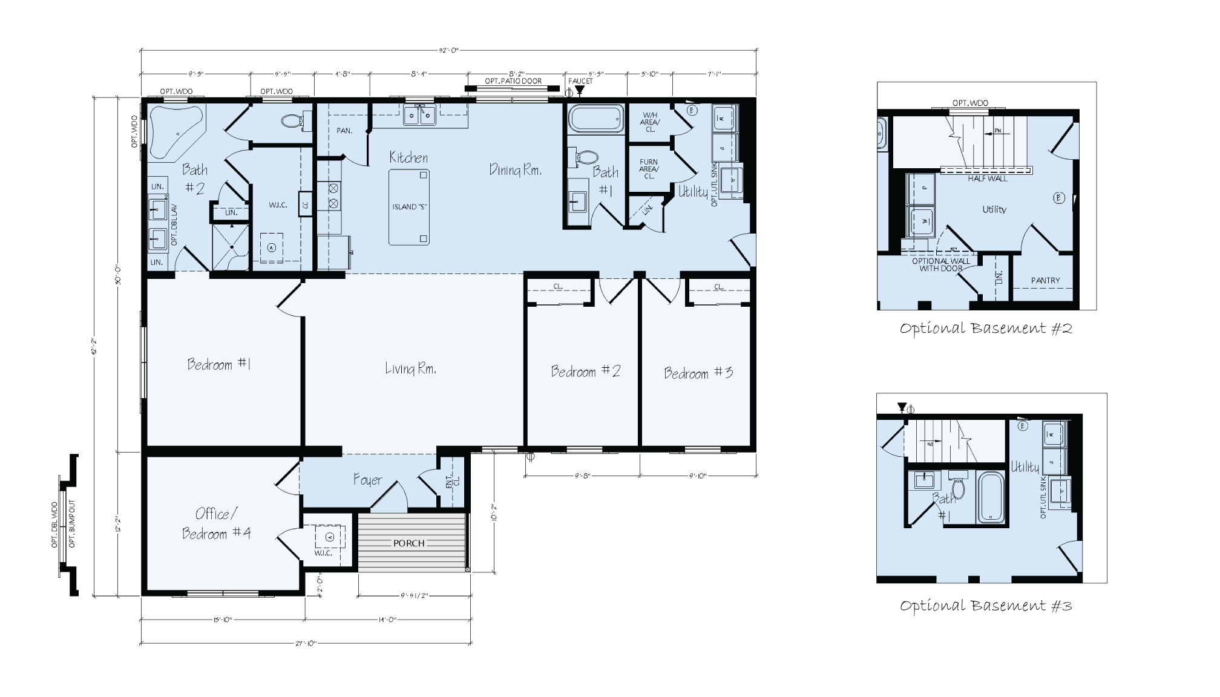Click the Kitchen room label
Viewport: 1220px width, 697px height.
click(408, 158)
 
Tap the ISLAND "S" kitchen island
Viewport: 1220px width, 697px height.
click(410, 207)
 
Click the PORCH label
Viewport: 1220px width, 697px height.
click(409, 543)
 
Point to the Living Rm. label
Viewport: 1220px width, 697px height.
click(411, 368)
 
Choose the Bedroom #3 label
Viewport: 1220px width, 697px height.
click(698, 373)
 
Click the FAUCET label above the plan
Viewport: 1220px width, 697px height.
click(580, 81)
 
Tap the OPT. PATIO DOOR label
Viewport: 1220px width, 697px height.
click(513, 81)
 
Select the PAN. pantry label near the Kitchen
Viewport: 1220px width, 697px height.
click(344, 131)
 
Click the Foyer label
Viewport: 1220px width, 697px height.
click(367, 480)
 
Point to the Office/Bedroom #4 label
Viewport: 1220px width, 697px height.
click(216, 524)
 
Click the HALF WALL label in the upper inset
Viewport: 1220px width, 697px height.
click(988, 178)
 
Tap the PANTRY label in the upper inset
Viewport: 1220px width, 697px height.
click(1045, 280)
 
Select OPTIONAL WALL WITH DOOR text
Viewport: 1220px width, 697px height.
click(940, 264)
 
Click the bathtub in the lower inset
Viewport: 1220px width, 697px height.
click(991, 498)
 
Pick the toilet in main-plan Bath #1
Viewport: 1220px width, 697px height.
click(586, 158)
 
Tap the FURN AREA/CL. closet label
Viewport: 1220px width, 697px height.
click(649, 169)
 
